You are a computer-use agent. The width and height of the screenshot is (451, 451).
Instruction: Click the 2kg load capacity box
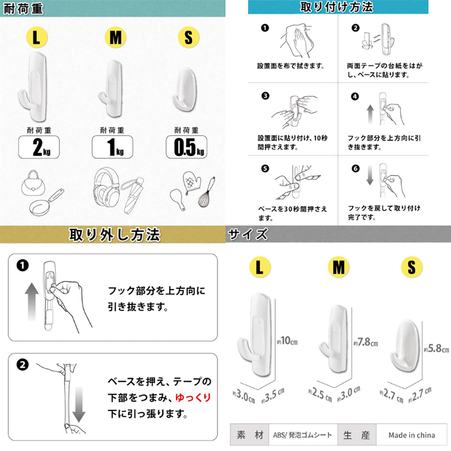pos(39,147)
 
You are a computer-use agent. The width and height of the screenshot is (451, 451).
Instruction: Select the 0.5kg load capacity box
pos(186,147)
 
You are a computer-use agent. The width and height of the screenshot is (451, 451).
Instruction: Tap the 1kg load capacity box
pos(112,147)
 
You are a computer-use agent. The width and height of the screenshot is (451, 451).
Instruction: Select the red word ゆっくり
pos(193,398)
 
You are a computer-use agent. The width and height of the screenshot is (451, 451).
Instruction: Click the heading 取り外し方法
pos(115,235)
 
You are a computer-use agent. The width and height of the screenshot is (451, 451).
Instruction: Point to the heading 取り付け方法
pos(337,7)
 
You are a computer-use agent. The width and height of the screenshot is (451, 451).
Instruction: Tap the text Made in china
pos(412,435)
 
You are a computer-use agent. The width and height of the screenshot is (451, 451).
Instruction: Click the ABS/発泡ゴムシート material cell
pos(303,435)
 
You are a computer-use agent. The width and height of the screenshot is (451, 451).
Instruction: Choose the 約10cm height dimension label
pos(288,341)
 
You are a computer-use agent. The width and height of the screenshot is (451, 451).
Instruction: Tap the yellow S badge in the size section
pos(412,267)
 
